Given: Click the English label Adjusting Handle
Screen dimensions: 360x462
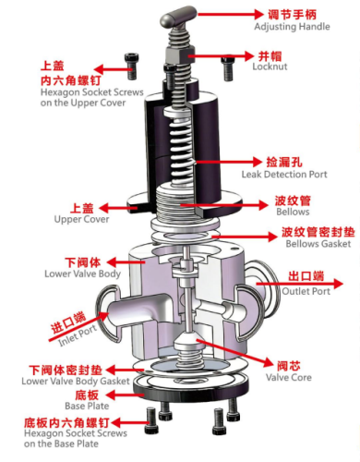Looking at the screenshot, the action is point(292,27).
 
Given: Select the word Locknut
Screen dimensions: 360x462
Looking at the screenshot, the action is point(270,67).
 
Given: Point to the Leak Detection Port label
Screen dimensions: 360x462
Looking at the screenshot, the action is point(284,175).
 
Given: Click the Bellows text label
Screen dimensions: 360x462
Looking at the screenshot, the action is point(293,212).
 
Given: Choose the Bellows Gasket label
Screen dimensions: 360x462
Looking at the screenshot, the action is point(318,244).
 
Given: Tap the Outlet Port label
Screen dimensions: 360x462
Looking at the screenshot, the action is point(306,291).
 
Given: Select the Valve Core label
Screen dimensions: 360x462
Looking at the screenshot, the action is point(289,377).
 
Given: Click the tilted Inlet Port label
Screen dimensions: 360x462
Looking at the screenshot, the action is point(78,335).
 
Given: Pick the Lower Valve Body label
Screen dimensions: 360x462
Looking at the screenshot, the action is point(82,274).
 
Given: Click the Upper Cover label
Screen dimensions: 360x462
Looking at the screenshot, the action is point(81,219).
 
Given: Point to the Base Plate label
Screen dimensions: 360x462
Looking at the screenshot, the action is point(87,406).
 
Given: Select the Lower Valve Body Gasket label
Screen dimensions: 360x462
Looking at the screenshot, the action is point(76,381).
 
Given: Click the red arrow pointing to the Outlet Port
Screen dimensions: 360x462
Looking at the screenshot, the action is point(299,284).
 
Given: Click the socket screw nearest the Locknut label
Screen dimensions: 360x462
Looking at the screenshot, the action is point(228,67).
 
